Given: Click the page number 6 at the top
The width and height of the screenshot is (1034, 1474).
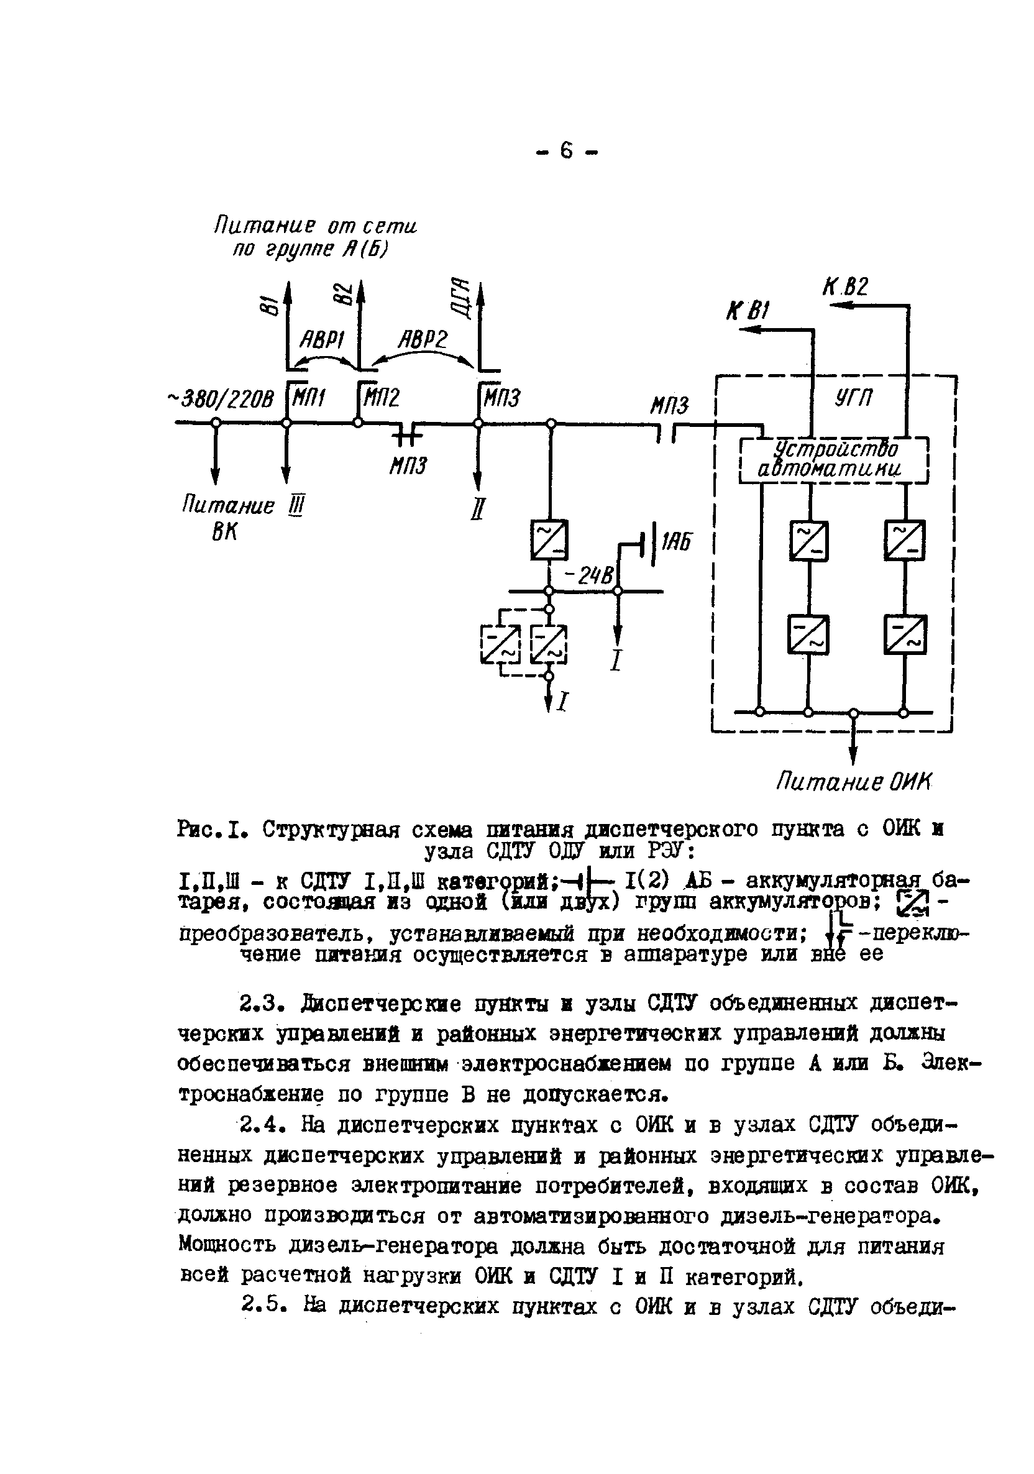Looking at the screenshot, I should (x=565, y=152).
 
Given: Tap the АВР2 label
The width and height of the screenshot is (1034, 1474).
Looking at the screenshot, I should (x=422, y=338).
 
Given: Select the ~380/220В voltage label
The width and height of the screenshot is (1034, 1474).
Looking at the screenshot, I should (x=220, y=400).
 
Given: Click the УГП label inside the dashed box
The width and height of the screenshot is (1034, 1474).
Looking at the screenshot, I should (x=854, y=398).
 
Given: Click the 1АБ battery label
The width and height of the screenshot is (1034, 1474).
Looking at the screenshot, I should (x=675, y=542).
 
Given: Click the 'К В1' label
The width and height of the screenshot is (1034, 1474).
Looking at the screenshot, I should (x=746, y=312).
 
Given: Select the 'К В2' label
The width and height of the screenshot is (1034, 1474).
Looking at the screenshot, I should (x=844, y=286).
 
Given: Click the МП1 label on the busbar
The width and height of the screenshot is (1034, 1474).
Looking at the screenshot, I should (x=308, y=400).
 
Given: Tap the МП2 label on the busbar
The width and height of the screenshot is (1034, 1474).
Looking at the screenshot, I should (x=382, y=400).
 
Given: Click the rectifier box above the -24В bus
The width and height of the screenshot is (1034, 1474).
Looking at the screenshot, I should (x=549, y=540).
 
